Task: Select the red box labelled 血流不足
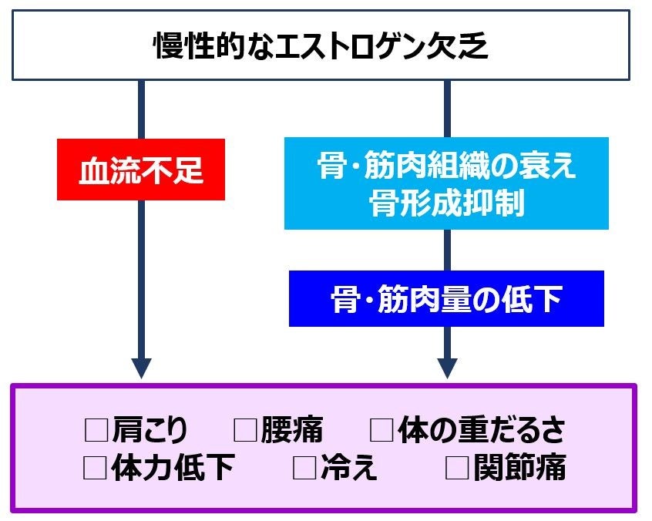pyautogui.click(x=141, y=170)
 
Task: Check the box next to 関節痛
pyautogui.click(x=457, y=467)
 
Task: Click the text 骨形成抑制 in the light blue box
pyautogui.click(x=446, y=204)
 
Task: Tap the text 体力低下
pyautogui.click(x=172, y=467)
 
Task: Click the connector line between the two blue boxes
pyautogui.click(x=447, y=250)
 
